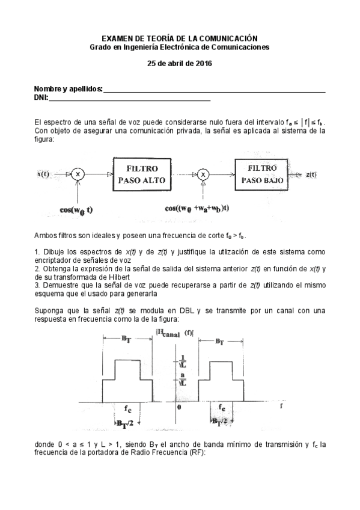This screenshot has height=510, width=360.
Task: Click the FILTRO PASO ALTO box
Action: point(142,174)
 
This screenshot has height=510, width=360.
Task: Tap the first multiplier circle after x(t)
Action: point(78,174)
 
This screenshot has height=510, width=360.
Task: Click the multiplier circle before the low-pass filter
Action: point(203,174)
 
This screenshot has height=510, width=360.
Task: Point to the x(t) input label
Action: point(43,174)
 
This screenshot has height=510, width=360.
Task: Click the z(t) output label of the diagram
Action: point(311,174)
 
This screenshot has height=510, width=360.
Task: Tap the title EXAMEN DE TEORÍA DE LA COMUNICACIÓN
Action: point(180,38)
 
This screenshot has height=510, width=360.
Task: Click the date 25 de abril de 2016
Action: point(180,63)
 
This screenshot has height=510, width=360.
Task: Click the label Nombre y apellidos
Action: point(68,88)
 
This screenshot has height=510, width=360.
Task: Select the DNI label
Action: point(40,97)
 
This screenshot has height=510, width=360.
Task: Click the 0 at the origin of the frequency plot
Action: point(178,408)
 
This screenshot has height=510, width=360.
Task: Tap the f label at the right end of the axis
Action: point(281,407)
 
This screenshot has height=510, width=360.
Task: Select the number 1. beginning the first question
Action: point(37,251)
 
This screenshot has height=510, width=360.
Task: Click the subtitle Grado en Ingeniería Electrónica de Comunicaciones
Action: point(180,46)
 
